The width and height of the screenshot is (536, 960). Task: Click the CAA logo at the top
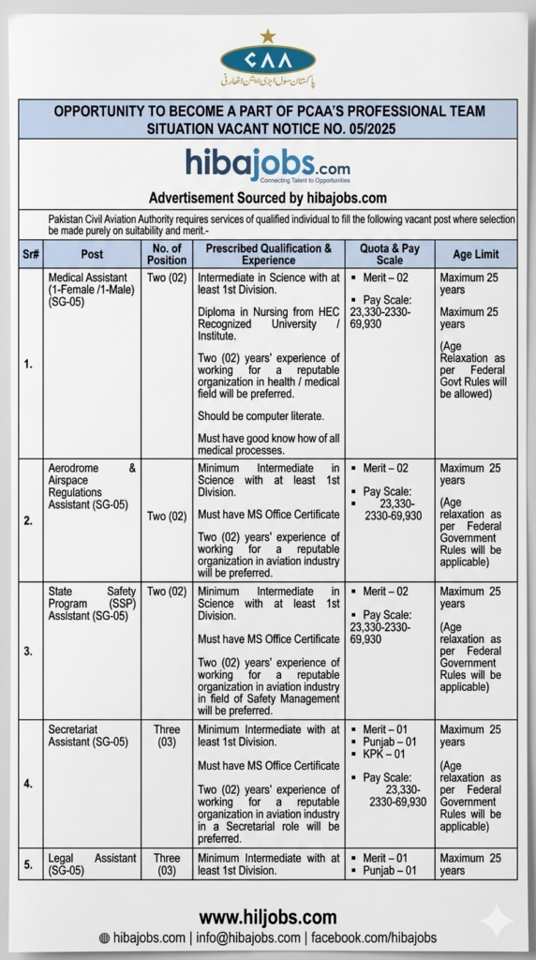coord(267,63)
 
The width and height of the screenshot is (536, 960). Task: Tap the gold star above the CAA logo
coord(268,37)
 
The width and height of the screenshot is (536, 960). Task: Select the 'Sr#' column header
coord(29,254)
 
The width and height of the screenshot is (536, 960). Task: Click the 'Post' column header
coord(92,254)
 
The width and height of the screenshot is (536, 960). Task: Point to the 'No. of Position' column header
coord(167,254)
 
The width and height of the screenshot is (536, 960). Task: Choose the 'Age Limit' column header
coord(475,254)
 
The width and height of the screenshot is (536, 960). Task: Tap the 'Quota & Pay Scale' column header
coord(389,254)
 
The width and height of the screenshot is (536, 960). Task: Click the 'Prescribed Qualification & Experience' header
coord(268,254)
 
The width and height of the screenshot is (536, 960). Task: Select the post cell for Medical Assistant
coord(92,290)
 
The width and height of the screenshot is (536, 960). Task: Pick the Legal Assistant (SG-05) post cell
coord(92,864)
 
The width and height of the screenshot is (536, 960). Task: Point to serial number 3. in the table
coord(29,650)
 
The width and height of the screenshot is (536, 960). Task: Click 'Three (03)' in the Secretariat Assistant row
coord(167,736)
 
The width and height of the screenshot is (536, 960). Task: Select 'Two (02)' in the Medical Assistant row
coord(167,277)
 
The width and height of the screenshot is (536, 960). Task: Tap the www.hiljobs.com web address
coord(267,918)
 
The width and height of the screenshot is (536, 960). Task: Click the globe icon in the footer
coord(104,938)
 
